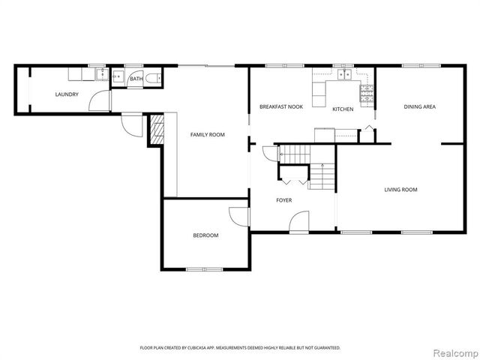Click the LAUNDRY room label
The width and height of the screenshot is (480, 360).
[x=67, y=94]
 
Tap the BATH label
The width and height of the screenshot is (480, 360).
[x=136, y=79]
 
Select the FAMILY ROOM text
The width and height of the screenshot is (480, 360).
[x=207, y=134]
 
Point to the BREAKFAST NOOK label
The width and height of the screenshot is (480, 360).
[x=280, y=107]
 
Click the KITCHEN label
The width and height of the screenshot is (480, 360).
[x=343, y=109]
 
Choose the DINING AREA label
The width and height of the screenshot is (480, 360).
[x=419, y=107]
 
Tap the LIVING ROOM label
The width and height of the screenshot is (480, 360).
[x=400, y=190]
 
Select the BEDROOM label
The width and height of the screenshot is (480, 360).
[x=205, y=235]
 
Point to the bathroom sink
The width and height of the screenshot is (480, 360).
[x=118, y=76]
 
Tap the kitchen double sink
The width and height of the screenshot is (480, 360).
[x=345, y=74]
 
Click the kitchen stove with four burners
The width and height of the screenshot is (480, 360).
[x=367, y=93]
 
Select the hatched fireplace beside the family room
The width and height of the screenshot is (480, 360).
[x=157, y=130]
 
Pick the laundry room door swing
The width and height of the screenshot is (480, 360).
[x=99, y=100]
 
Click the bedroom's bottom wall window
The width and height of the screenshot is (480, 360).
[x=205, y=269]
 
